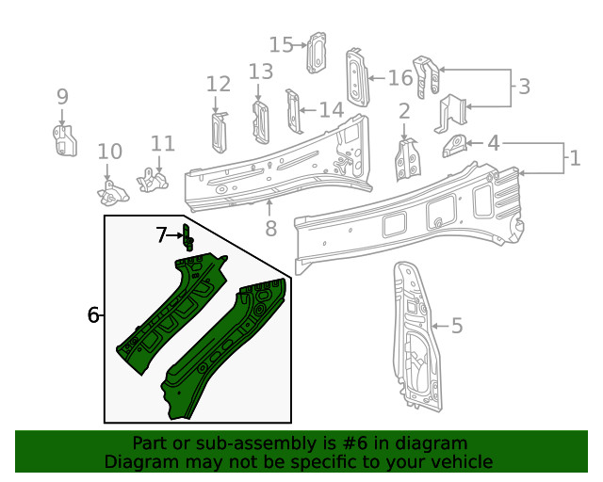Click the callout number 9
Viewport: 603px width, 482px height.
[x=62, y=96]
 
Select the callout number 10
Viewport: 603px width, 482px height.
[x=110, y=152]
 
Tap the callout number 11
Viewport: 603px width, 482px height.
[x=163, y=143]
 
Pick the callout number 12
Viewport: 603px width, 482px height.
[x=218, y=85]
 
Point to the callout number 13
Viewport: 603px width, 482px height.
[x=261, y=72]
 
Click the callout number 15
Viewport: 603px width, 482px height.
[x=281, y=44]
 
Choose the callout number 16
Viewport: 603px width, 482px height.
[x=400, y=77]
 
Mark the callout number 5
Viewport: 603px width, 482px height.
[x=457, y=327]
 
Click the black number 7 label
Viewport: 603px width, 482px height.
[x=162, y=235]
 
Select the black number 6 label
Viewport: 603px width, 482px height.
[x=93, y=315]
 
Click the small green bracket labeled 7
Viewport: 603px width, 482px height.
[x=187, y=238]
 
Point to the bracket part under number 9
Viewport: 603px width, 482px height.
[x=63, y=139]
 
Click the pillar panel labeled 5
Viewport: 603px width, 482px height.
[x=412, y=339]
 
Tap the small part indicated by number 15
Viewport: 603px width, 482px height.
[x=318, y=52]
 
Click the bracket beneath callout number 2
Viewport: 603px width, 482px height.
[x=407, y=158]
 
